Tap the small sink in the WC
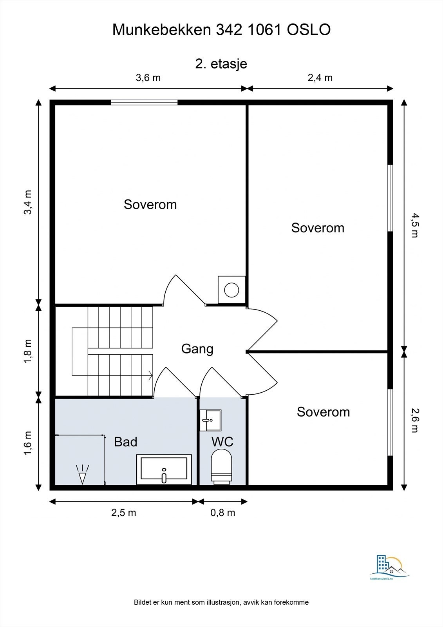[210, 420]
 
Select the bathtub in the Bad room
[164, 469]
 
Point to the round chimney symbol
[232, 290]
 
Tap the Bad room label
[126, 442]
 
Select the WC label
[222, 442]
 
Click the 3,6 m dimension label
[148, 78]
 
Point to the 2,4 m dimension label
[320, 78]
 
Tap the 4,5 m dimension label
[415, 225]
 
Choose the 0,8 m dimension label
[223, 513]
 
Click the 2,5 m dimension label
[124, 513]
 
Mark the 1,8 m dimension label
[29, 352]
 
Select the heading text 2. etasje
[221, 64]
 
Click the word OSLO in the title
[309, 30]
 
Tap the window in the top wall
[144, 102]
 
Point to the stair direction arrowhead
[150, 375]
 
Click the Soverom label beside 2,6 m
[324, 412]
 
